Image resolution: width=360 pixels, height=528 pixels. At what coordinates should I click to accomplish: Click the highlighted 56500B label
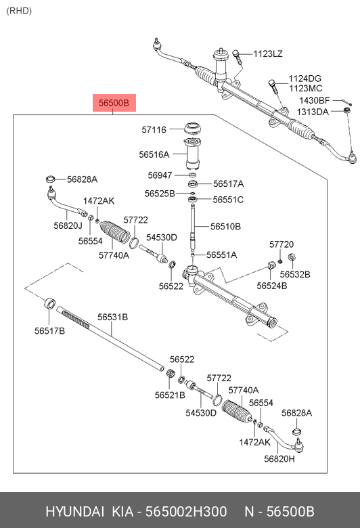(114, 103)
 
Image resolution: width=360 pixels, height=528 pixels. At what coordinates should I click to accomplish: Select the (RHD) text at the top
(19, 11)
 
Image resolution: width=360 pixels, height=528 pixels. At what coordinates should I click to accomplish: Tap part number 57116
(154, 129)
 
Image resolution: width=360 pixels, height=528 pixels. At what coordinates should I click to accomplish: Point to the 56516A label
(154, 154)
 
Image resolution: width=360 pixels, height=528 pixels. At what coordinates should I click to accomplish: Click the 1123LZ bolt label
(268, 54)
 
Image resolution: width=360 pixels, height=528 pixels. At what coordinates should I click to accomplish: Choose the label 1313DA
(313, 112)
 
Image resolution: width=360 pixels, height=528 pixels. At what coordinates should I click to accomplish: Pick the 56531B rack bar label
(112, 317)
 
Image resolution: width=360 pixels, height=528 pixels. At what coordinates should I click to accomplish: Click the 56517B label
(49, 330)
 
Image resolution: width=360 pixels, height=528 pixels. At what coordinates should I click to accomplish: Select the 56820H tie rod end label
(279, 459)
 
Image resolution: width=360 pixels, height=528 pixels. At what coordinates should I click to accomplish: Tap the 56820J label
(68, 225)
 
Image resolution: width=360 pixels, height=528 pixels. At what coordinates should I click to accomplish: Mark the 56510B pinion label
(225, 226)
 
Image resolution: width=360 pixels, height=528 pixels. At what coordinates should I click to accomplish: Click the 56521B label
(170, 395)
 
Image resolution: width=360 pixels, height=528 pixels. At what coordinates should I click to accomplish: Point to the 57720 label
(282, 244)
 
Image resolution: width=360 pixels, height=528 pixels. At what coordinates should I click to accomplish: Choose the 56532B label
(295, 274)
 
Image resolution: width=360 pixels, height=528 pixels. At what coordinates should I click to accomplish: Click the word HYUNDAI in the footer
(74, 512)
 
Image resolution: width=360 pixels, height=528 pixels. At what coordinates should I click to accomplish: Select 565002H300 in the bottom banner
(186, 512)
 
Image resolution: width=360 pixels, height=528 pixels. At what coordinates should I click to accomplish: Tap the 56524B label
(272, 286)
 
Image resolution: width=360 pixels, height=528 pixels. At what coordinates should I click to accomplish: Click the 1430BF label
(315, 100)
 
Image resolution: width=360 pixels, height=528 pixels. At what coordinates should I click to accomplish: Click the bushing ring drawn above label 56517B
(50, 303)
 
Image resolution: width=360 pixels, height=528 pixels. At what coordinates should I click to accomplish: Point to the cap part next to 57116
(193, 129)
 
